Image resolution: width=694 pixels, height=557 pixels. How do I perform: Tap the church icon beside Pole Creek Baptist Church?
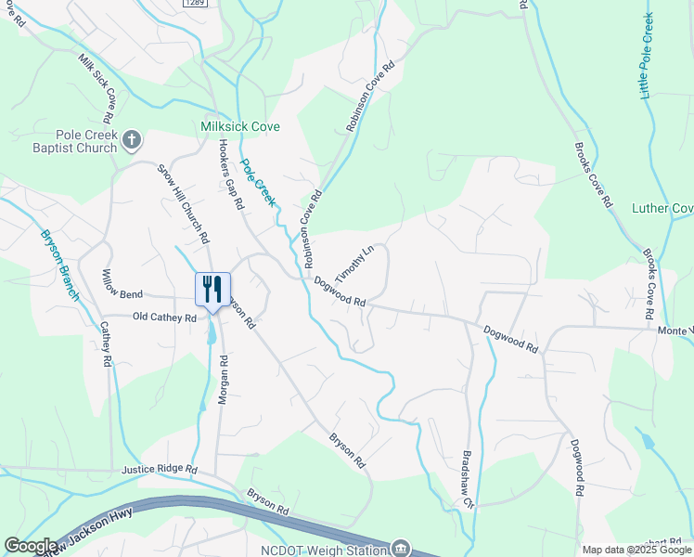point(132,140)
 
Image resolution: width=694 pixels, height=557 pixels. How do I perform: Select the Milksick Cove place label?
point(240,126)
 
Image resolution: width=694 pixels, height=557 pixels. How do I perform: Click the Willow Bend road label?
point(122,294)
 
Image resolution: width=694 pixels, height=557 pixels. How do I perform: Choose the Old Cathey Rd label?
point(164,317)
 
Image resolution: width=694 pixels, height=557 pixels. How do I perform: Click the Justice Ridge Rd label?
point(160,470)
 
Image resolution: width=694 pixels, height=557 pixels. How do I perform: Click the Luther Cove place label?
point(662,208)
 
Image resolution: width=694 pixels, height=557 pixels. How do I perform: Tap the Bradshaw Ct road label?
point(469,480)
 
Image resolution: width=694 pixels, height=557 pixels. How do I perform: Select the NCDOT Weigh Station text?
point(323,548)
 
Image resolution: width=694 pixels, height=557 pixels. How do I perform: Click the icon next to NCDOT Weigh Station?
point(401,548)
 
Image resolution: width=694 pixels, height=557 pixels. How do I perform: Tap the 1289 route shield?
point(194,3)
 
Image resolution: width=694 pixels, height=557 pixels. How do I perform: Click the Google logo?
point(31,546)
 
